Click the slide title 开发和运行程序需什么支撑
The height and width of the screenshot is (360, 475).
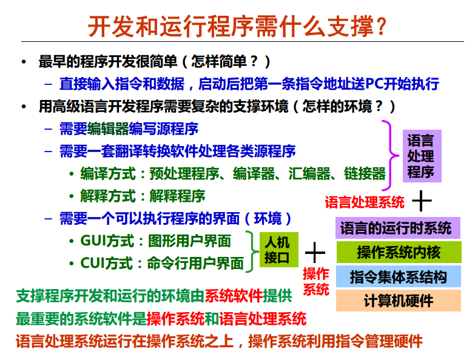[237, 25]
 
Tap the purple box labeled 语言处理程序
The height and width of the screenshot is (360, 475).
[420, 156]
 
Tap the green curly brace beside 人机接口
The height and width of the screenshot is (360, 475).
[251, 250]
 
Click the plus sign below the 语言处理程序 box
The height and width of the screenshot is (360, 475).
[422, 200]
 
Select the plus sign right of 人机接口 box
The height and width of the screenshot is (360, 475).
[314, 251]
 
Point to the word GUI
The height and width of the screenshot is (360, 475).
[94, 241]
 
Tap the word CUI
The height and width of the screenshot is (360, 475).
[94, 264]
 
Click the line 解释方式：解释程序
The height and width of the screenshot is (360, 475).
[143, 196]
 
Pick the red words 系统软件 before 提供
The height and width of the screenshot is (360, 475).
[234, 296]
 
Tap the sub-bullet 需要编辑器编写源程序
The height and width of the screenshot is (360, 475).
[129, 128]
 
